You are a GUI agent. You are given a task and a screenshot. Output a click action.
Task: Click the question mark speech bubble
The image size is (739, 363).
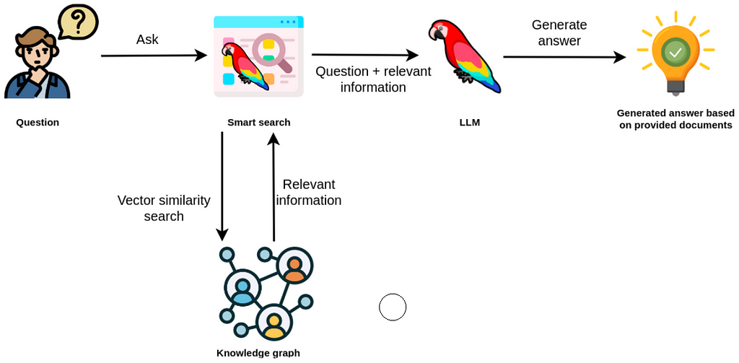(x=77, y=22)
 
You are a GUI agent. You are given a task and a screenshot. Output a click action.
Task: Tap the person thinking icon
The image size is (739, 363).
(x=36, y=65)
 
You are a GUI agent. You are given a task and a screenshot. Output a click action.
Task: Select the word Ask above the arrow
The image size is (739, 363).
(x=147, y=39)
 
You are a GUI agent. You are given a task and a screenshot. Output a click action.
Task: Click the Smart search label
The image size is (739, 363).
(x=258, y=123)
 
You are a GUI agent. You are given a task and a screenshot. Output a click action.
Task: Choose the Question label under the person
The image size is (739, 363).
(x=38, y=123)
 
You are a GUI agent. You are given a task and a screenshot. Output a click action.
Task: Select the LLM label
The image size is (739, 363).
(x=469, y=123)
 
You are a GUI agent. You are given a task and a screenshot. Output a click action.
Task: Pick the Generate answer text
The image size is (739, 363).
(x=559, y=32)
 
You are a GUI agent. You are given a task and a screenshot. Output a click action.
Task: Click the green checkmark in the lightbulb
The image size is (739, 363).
(x=675, y=51)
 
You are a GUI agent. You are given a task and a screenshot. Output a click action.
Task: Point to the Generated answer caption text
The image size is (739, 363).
(x=675, y=119)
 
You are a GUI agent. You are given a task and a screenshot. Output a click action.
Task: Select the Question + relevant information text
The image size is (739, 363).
(x=373, y=79)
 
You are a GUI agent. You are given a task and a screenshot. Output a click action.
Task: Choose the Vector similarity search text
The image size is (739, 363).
(x=164, y=208)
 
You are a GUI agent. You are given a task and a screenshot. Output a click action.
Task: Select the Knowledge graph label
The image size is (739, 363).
(x=258, y=353)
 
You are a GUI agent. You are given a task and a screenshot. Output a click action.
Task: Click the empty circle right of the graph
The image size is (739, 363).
(x=393, y=307)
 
